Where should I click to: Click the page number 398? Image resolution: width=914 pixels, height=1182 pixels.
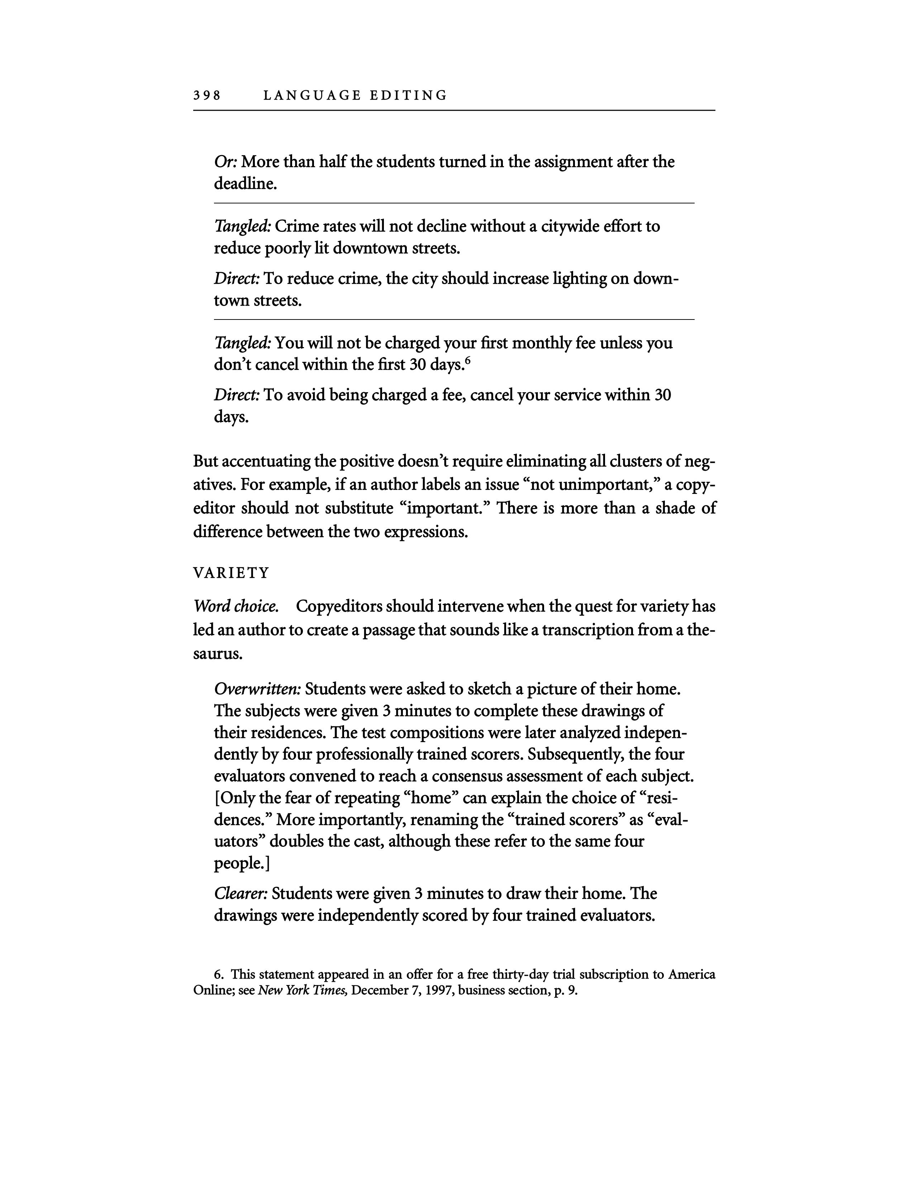pos(207,96)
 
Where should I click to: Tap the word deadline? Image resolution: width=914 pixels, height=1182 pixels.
pos(245,184)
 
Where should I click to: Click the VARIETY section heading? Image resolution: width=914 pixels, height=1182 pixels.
pos(231,573)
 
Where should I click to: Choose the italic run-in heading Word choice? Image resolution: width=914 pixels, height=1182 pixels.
pos(236,606)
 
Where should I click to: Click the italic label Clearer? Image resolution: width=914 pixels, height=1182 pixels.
pos(241,894)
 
